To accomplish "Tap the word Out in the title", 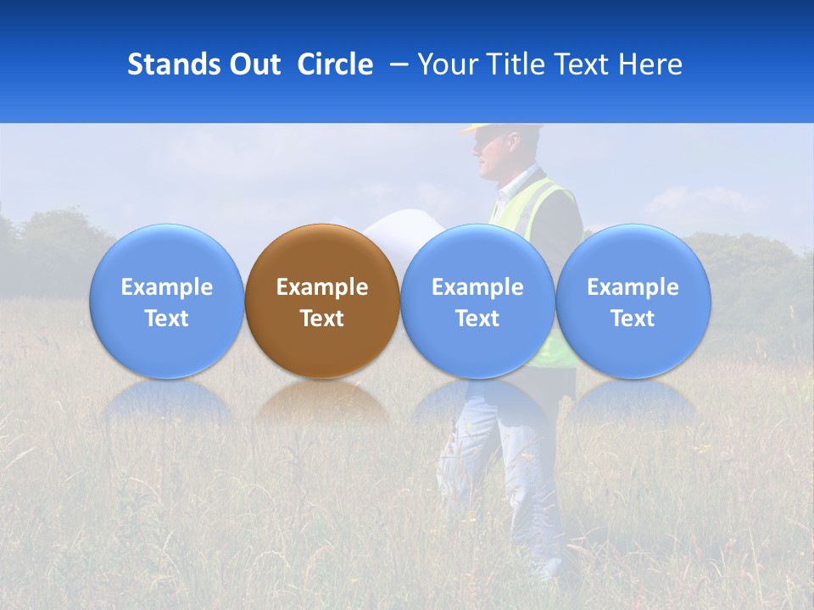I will [x=252, y=64].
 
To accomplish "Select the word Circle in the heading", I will [x=335, y=64].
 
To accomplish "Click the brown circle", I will [x=321, y=254].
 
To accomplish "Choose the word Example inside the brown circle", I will [x=322, y=287].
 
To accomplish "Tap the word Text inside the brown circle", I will [x=322, y=319].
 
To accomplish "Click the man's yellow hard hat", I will [x=500, y=129].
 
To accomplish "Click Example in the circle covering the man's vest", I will [x=477, y=287].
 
